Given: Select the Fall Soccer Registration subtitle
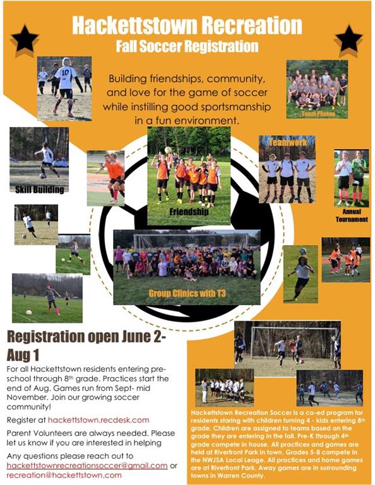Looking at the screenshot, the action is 187,46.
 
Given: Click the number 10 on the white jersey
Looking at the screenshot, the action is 65,73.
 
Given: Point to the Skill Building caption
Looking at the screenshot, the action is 40,189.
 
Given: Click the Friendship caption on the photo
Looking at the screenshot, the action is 189,212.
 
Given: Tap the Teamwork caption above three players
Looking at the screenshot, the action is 288,142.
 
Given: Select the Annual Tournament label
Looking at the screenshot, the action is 352,215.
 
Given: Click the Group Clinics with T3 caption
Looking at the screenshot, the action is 187,293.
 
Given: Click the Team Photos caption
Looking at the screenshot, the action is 318,114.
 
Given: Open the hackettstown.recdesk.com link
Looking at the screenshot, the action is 98,420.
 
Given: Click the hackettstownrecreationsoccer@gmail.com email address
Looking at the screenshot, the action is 87,465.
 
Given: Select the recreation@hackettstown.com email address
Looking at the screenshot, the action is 64,475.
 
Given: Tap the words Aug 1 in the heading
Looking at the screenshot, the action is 23,356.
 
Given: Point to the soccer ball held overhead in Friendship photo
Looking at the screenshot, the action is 168,150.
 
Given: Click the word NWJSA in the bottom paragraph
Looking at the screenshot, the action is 215,460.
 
